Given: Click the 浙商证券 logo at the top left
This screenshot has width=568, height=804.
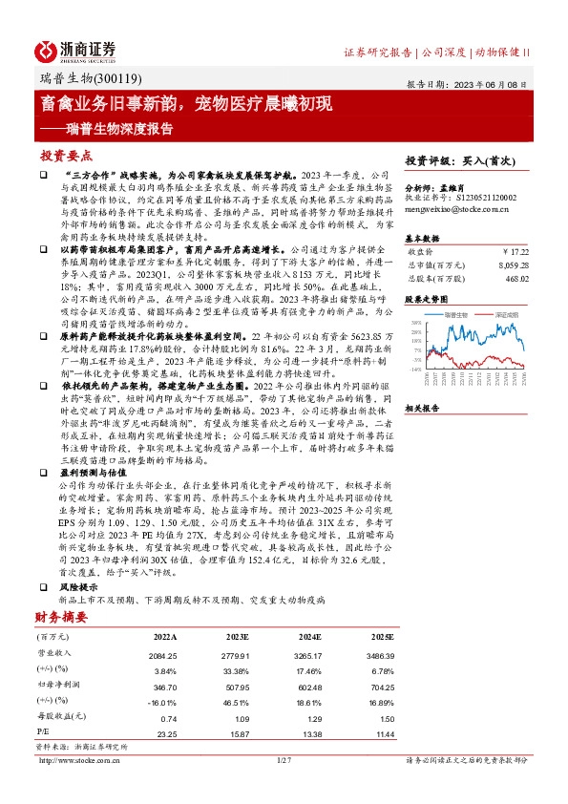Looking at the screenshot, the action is (x=75, y=50).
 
